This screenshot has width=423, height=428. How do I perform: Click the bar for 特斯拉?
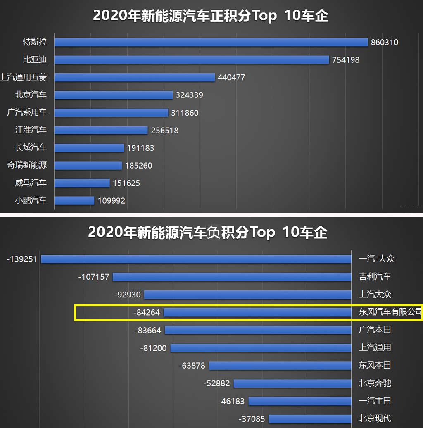[x=211, y=42]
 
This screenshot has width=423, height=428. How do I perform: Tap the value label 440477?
[x=231, y=78]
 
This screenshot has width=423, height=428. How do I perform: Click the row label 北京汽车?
[x=31, y=95]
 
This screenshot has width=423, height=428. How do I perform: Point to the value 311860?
[x=185, y=113]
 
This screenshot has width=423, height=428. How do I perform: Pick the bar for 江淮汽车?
[x=101, y=130]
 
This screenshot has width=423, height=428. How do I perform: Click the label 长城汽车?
[x=31, y=147]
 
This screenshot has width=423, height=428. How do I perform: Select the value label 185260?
[x=139, y=166]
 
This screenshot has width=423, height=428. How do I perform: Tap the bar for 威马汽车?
[x=82, y=183]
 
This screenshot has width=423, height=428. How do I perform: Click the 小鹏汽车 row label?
[x=31, y=201]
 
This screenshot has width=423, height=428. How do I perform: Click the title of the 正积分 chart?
[x=211, y=16]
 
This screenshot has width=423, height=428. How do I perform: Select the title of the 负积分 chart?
[x=208, y=233]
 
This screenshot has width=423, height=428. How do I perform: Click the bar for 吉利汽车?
[x=232, y=277]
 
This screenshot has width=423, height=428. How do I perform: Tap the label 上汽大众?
[x=375, y=295]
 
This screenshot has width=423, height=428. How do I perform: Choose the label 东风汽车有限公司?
[x=390, y=312]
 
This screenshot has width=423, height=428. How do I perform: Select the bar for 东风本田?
[x=280, y=366]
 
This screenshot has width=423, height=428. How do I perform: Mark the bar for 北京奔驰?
[x=292, y=383]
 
